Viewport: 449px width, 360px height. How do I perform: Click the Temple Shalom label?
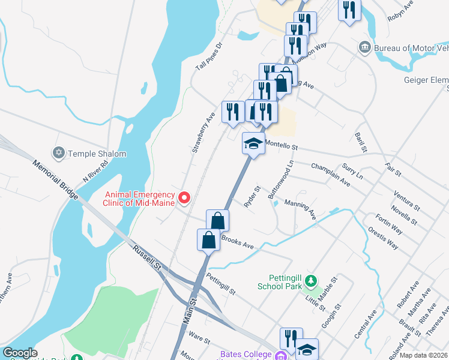pos(97,154)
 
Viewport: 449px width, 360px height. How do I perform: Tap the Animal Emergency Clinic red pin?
pos(185,197)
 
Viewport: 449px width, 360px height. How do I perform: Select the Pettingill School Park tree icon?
pos(310,281)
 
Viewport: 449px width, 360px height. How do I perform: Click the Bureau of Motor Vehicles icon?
pos(364,47)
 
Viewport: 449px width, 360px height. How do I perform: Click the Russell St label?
pos(148,259)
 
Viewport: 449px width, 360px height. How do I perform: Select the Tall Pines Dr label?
pos(209,58)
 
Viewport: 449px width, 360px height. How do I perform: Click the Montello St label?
pos(282,146)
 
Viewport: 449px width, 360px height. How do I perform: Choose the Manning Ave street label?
pos(300,210)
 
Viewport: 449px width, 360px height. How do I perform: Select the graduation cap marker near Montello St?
pos(253,144)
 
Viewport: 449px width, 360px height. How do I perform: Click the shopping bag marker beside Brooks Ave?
pos(208,240)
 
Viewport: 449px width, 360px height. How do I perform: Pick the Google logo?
pos(20,353)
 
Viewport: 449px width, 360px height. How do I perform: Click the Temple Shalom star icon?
pos(58,154)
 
